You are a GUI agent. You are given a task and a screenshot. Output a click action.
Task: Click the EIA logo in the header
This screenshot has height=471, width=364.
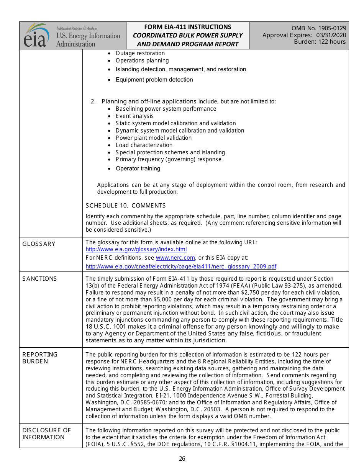pos(37,36)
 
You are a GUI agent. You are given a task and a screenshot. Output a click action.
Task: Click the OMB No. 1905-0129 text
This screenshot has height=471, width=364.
pos(319,28)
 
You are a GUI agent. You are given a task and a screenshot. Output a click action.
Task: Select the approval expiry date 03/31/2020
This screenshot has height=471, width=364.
pos(331,35)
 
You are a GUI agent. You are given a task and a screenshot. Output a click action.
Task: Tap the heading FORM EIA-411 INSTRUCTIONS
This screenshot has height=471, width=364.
pos(187,27)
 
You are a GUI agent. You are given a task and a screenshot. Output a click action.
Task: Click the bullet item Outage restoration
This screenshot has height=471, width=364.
pos(140,53)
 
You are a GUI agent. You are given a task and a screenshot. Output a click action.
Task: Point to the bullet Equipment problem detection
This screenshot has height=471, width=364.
pos(154,80)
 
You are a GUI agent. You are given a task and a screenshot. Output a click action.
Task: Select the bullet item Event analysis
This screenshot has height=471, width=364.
pos(134,116)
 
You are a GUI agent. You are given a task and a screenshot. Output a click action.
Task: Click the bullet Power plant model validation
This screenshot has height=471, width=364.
pos(153,138)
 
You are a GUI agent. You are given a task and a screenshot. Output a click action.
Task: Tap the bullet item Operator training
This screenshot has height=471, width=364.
pos(138,168)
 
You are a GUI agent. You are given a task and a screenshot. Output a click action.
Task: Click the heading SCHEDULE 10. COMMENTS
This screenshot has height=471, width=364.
pos(126,206)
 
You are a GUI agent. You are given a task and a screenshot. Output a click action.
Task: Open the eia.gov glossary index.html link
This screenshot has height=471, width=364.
pos(136,249)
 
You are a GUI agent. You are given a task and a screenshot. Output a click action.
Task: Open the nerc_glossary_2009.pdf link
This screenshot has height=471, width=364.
pos(181,267)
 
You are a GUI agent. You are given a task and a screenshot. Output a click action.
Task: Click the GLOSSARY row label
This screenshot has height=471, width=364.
pos(39,244)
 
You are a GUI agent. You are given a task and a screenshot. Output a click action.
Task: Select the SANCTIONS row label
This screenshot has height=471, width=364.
pos(39,279)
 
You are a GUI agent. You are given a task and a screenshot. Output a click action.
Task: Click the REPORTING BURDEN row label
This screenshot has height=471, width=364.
pos(40,358)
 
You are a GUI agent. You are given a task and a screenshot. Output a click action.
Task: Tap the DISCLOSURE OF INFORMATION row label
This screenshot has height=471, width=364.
pos(46,434)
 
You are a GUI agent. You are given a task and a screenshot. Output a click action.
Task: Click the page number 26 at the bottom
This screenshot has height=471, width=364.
pos(182,459)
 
